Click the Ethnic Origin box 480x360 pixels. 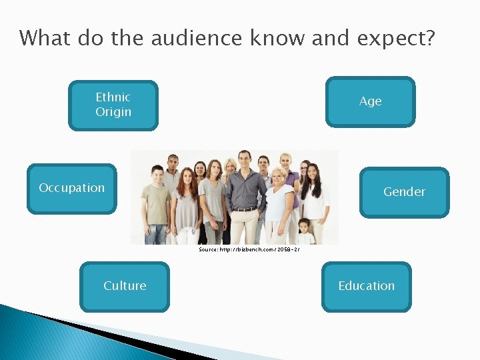(x=113, y=105)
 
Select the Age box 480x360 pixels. (x=370, y=101)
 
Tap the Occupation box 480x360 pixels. (x=71, y=188)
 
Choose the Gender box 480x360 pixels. (x=404, y=192)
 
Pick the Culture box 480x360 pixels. (x=125, y=286)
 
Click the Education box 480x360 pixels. (x=366, y=286)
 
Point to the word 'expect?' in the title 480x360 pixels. (x=396, y=39)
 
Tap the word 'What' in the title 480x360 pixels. (x=45, y=39)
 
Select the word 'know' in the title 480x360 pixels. (x=279, y=39)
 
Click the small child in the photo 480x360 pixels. (x=305, y=231)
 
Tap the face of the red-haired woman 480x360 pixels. (x=186, y=177)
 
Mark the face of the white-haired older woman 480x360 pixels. (x=276, y=177)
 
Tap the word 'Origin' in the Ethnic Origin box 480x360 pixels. (x=113, y=112)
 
